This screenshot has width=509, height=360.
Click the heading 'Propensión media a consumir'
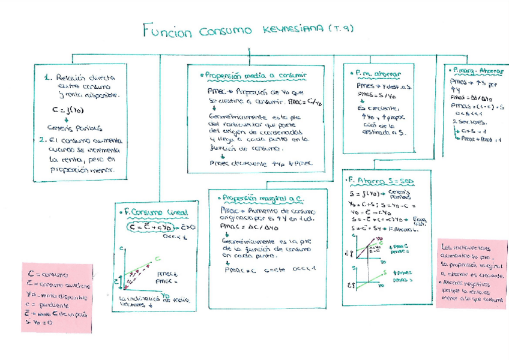(x=256, y=76)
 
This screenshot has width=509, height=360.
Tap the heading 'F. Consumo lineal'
(x=154, y=212)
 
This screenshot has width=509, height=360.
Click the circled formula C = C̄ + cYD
(x=153, y=227)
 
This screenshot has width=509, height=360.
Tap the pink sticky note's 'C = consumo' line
(x=47, y=274)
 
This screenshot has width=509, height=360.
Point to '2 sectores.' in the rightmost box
(x=463, y=122)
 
